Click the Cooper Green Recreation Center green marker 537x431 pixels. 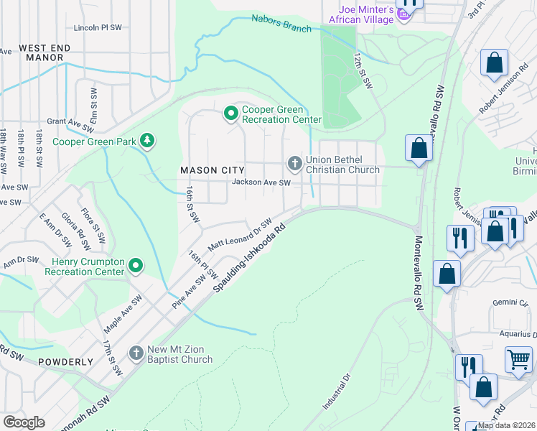point(231,113)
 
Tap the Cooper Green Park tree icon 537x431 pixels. point(147,140)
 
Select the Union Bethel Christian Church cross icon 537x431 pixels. point(294,164)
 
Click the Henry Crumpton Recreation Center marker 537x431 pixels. point(136,267)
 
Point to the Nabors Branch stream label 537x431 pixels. point(281,24)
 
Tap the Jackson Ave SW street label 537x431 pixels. point(261,183)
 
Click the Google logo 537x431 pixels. point(24,422)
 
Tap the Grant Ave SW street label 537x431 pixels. point(71,122)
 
